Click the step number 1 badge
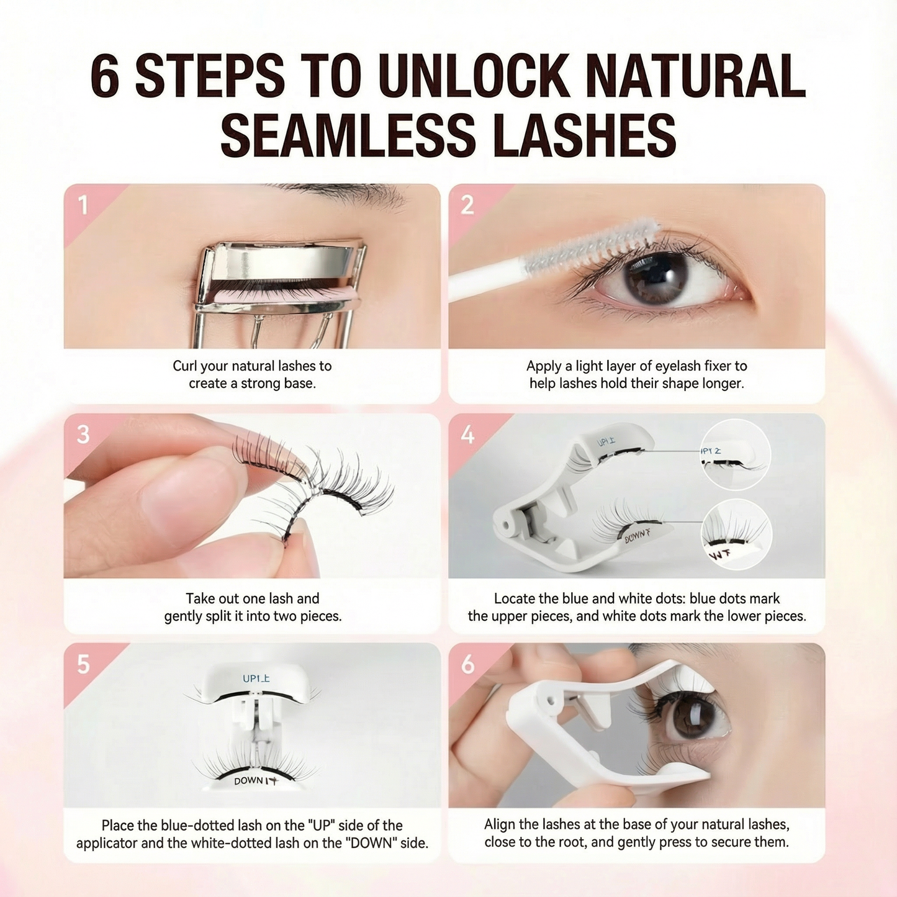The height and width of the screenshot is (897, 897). pos(83,205)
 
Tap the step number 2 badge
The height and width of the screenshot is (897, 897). pos(467,205)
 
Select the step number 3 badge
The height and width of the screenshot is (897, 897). pos(83,435)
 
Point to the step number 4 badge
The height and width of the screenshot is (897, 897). pos(467,435)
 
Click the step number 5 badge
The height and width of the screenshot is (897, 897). pos(83,664)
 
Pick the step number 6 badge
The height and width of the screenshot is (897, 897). pos(467,664)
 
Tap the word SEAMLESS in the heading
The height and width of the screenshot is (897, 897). pos(348,135)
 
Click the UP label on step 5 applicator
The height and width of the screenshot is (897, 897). pos(256,678)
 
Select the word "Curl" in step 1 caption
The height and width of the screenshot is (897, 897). pos(184,366)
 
